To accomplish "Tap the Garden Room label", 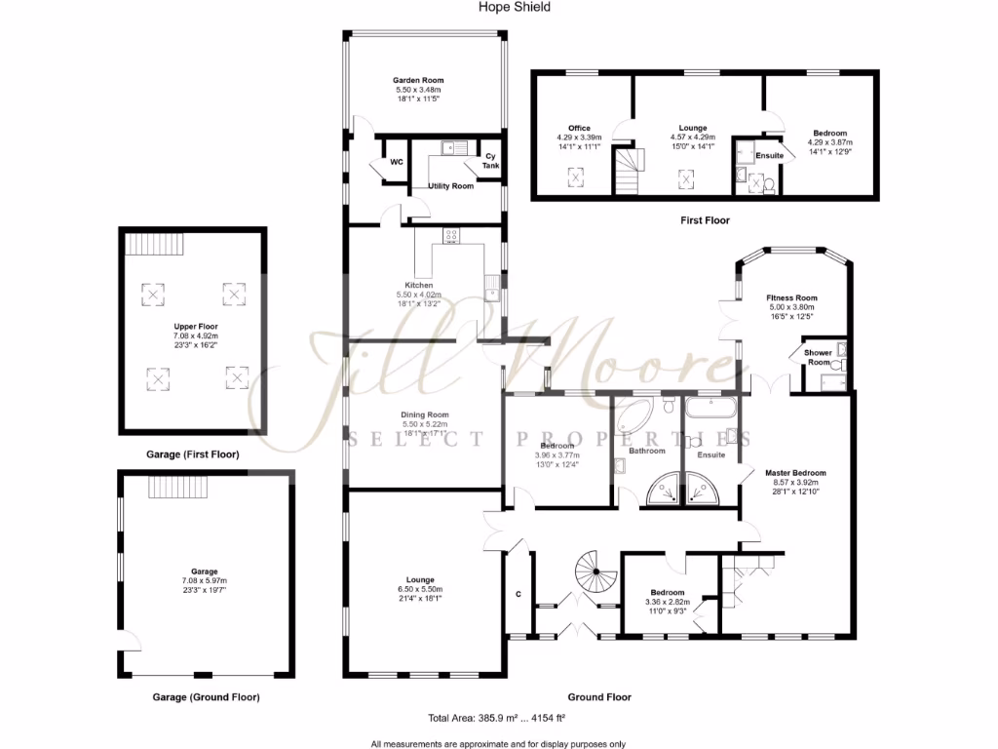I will coord(420,80).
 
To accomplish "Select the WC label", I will coord(397,162).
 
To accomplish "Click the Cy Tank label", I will coord(489,161).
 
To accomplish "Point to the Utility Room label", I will coord(450,185).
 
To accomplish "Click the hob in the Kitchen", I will coord(451,235).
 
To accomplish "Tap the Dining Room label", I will coord(425,414).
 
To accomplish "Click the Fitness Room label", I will coord(791,297).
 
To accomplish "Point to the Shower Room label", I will coord(818,357).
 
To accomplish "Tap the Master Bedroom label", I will coord(791,473).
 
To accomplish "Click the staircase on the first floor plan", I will coord(629,170).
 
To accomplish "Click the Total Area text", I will coord(497,718).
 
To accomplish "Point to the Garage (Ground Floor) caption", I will coord(206,697).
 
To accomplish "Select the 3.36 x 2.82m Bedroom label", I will coord(668,592).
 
